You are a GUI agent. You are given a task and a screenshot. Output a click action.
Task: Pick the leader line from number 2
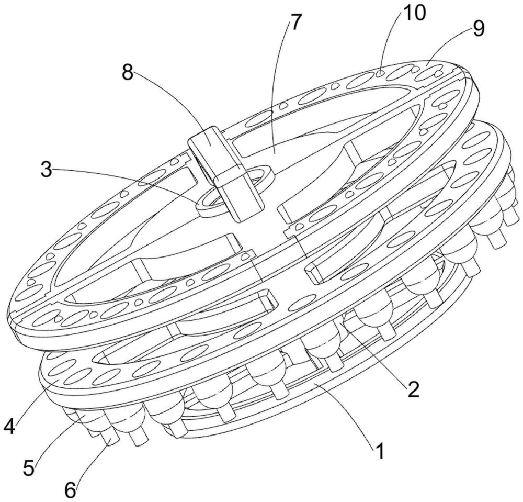tap(371, 356)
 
